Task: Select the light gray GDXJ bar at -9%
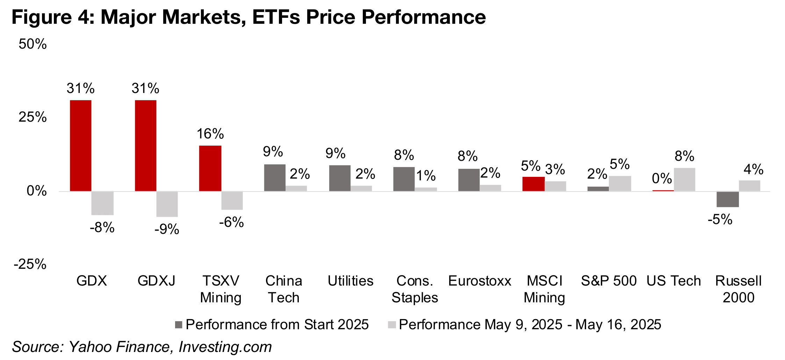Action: [167, 204]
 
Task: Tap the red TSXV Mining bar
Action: [210, 168]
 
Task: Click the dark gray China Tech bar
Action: [275, 178]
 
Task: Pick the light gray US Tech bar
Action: [684, 179]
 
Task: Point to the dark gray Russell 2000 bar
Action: [728, 199]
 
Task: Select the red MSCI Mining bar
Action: [533, 184]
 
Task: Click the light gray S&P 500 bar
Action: [620, 183]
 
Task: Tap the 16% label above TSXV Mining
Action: [210, 134]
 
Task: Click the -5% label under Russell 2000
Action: [720, 219]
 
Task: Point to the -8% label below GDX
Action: [102, 228]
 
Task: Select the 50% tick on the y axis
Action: [33, 44]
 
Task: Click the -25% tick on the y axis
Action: [30, 264]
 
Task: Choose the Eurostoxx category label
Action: [480, 281]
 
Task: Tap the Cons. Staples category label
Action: [415, 289]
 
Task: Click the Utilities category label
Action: [351, 281]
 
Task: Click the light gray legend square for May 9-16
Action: [392, 325]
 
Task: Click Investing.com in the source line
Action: [225, 347]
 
